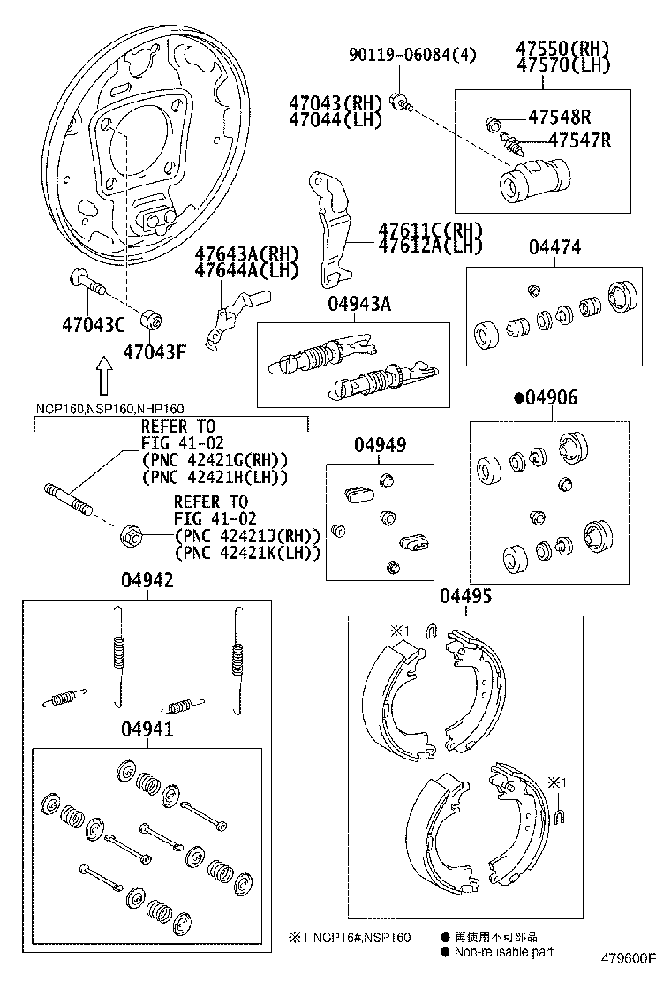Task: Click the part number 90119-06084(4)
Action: pyautogui.click(x=412, y=55)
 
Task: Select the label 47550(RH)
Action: pyautogui.click(x=562, y=49)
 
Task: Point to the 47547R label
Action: pyautogui.click(x=578, y=140)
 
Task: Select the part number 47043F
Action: pyautogui.click(x=155, y=351)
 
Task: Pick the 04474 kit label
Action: pyautogui.click(x=554, y=247)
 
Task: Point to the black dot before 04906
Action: pyautogui.click(x=518, y=398)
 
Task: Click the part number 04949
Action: pyautogui.click(x=381, y=445)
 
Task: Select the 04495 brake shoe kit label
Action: pyautogui.click(x=465, y=597)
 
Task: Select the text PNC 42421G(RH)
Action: pyautogui.click(x=215, y=460)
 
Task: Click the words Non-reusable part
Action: pyautogui.click(x=504, y=951)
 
